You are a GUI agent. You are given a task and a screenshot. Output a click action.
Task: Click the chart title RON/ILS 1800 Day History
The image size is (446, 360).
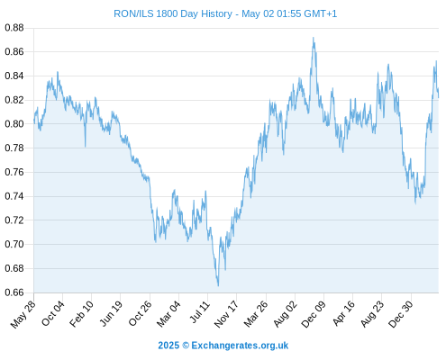point(173,13)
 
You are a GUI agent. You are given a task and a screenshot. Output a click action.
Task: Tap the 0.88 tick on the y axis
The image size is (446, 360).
point(14,28)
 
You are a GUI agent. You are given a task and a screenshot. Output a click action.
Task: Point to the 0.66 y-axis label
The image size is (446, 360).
point(14,292)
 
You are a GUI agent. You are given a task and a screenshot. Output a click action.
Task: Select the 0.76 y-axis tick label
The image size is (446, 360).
point(14,172)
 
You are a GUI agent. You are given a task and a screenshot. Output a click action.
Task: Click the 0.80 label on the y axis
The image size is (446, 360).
point(14,124)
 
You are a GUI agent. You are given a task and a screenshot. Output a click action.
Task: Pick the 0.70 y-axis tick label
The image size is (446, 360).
point(14,244)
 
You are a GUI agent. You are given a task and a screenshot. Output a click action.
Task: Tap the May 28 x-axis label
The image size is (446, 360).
point(23,314)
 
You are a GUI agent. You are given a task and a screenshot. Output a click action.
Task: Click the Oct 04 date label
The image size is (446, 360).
point(52,313)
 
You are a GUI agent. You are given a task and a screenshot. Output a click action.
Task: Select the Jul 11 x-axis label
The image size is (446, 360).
point(200,312)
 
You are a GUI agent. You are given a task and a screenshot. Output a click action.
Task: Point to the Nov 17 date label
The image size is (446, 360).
point(226,314)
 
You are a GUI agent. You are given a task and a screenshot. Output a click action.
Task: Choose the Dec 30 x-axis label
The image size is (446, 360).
point(400,314)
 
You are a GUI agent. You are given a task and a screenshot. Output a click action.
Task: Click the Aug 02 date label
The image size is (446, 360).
point(285,314)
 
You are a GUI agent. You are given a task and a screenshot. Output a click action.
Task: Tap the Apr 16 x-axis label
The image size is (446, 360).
point(343,313)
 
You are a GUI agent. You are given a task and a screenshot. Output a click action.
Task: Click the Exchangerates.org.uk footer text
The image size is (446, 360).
point(240,346)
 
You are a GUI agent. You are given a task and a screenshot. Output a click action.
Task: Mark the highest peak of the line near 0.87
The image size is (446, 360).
point(313,38)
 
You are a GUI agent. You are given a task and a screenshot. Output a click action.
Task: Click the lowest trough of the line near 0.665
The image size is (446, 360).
point(218,285)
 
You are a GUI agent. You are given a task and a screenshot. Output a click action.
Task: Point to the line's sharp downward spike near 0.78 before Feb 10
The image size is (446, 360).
point(85,146)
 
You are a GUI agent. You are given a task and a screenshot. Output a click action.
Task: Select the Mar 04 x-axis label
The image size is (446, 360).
point(168,314)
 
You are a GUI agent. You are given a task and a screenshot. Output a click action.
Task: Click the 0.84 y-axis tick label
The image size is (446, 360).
point(14,76)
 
